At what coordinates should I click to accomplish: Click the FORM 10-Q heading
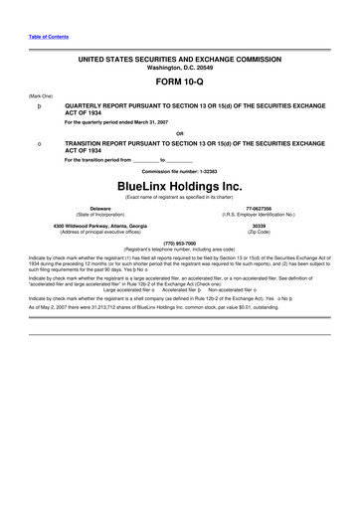point(179,83)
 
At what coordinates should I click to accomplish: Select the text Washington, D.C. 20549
point(179,69)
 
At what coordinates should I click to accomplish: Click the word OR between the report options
point(179,132)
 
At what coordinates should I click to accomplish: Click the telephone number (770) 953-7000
point(179,242)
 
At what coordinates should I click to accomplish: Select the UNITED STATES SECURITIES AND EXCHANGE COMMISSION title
point(179,61)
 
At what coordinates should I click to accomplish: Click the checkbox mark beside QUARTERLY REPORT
point(39,103)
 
